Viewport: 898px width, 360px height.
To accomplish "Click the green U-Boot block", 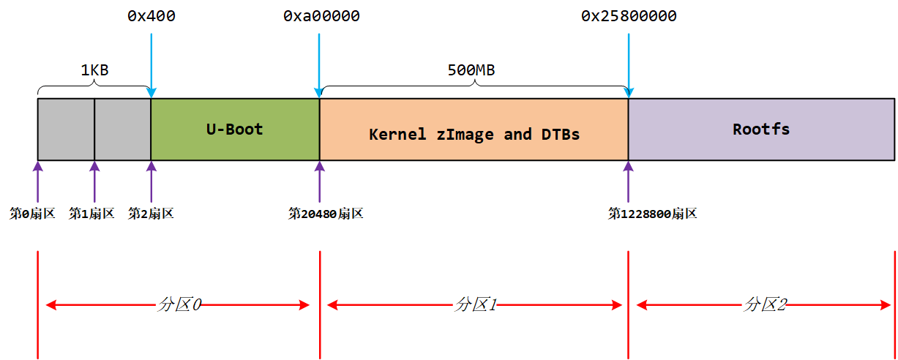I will (235, 130).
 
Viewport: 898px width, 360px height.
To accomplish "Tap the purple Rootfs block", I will (761, 130).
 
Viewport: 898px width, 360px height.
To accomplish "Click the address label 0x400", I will (151, 16).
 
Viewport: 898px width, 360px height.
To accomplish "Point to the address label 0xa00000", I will (321, 16).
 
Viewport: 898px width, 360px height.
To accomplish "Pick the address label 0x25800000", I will (629, 16).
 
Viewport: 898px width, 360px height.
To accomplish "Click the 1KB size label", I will (94, 71).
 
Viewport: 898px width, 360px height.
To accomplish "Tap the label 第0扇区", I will (32, 214).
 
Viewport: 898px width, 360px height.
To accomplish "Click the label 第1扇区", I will (92, 214).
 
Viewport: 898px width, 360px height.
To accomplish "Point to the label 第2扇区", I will (151, 214).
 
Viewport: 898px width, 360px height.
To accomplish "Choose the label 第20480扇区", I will (326, 214).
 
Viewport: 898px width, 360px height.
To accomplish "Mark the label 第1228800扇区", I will (652, 214).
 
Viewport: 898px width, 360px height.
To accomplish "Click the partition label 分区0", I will (179, 305).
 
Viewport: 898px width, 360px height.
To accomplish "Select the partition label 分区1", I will (475, 305).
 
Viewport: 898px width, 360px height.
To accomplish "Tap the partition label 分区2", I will (765, 305).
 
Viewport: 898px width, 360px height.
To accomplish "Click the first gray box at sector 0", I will (66, 130).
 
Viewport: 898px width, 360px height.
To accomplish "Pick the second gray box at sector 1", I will (122, 130).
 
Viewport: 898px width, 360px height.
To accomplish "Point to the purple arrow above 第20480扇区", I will (320, 183).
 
